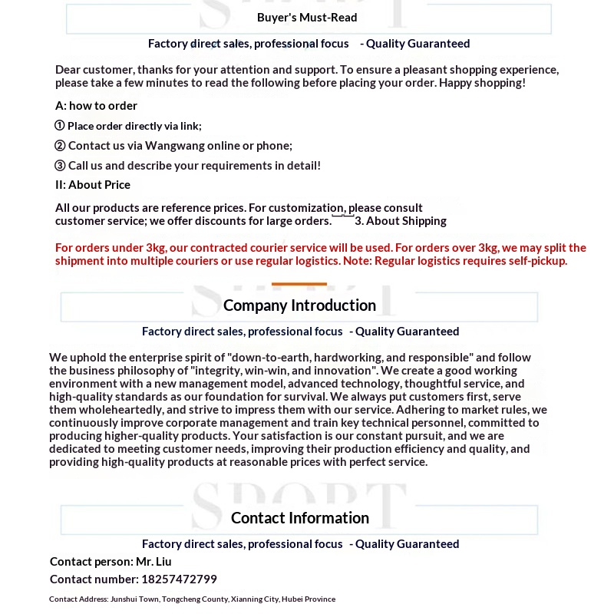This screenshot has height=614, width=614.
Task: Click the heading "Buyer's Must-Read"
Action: (x=307, y=18)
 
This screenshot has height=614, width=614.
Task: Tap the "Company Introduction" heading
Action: (x=299, y=305)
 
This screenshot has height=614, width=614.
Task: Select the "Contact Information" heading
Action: (x=300, y=518)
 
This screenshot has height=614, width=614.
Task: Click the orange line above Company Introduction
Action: (x=299, y=284)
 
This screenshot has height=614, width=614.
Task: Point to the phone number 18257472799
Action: (x=179, y=579)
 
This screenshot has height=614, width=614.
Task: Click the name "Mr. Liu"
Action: (x=153, y=562)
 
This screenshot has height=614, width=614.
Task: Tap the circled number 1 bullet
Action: (x=60, y=126)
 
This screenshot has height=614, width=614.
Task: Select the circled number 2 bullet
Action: (x=60, y=146)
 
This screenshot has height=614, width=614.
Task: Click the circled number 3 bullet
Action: (x=60, y=166)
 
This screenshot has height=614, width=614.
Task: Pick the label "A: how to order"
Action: (x=96, y=106)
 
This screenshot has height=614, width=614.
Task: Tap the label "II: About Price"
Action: (x=93, y=185)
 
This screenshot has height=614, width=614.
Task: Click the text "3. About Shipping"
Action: (x=400, y=221)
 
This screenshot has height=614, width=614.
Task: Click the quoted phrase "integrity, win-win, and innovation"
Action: (x=284, y=371)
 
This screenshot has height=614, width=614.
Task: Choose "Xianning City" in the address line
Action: (x=256, y=599)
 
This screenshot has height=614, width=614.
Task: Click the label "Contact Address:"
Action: (x=78, y=599)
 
